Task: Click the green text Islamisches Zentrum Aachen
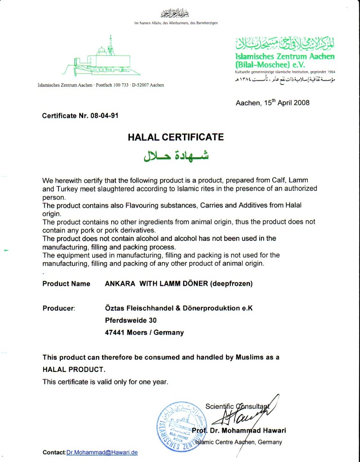click(x=285, y=57)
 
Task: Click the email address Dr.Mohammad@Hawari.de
click(x=102, y=452)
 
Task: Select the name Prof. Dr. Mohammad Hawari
click(x=238, y=430)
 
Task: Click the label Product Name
click(x=66, y=284)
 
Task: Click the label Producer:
click(x=58, y=308)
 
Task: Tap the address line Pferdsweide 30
click(x=131, y=321)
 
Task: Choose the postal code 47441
click(x=116, y=333)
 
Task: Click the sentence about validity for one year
click(x=105, y=382)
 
